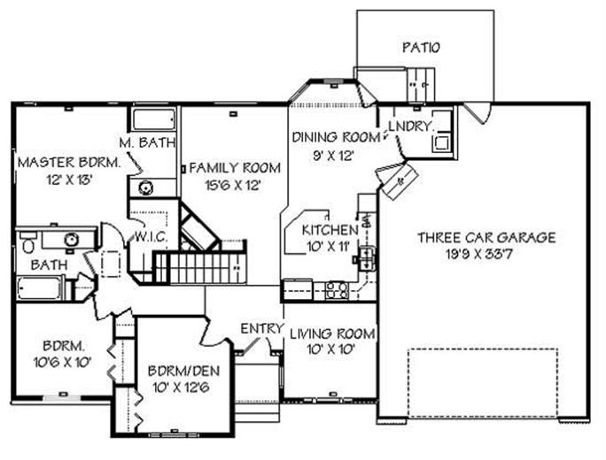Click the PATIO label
pos(420,47)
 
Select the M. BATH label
pos(146,142)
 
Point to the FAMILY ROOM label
pos(234,167)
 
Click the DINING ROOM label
pos(336,138)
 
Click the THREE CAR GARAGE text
pos(486,237)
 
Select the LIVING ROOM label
pos(332,333)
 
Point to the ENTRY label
pos(261,329)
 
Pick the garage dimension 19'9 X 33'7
pos(486,254)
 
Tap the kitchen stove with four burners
pos(337,290)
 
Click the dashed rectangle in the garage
pos(482,382)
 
